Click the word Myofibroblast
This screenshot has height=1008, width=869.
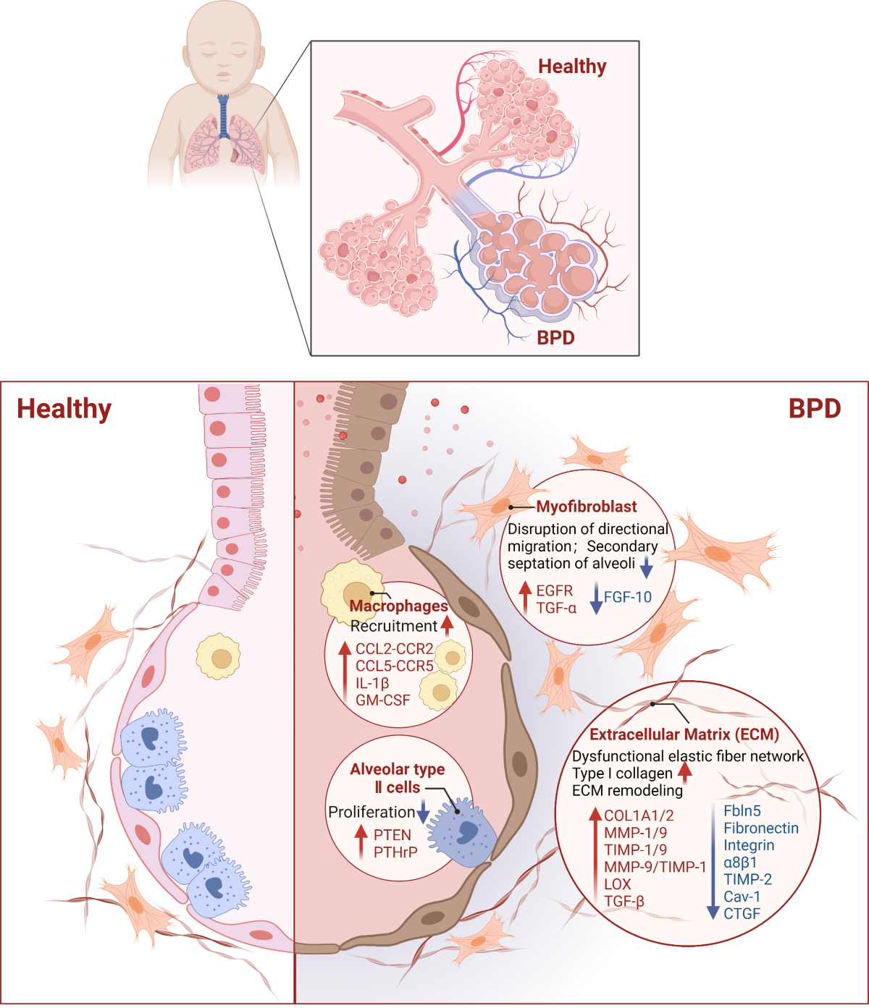[587, 507]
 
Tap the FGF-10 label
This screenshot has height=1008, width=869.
[627, 597]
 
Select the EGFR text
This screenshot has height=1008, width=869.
[554, 590]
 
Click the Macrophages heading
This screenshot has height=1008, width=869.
[399, 606]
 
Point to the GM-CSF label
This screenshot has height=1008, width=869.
[382, 700]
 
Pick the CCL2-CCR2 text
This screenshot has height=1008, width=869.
[394, 648]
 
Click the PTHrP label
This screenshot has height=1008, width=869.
[395, 852]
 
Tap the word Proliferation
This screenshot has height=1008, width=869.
[371, 812]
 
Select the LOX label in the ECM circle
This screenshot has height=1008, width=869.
[618, 884]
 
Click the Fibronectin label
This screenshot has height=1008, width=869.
[761, 828]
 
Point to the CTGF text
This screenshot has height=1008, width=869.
[742, 913]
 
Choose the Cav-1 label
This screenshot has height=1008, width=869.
[742, 897]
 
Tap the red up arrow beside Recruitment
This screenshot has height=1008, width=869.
[447, 624]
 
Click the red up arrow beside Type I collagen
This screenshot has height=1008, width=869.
[684, 771]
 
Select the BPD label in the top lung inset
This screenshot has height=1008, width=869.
[555, 337]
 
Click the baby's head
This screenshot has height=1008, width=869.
[223, 43]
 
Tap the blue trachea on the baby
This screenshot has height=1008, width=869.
[224, 116]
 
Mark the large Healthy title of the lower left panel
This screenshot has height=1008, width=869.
[64, 409]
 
